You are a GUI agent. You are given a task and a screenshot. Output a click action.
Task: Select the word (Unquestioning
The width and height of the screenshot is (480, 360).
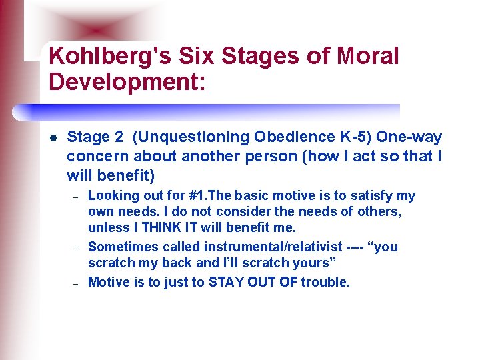(x=191, y=137)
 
